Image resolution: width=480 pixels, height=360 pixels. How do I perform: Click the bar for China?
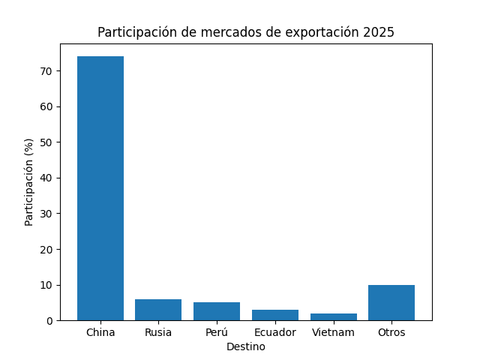100,188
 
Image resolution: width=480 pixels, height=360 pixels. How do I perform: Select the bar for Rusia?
158,310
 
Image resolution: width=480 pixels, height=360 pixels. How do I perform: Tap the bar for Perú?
217,311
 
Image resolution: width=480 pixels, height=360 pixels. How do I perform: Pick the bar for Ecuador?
275,315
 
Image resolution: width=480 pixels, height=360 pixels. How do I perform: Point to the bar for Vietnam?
334,316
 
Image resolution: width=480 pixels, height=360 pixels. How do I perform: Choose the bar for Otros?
391,302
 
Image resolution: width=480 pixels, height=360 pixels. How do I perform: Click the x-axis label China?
100,332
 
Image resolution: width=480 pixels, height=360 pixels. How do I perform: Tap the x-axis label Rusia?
158,332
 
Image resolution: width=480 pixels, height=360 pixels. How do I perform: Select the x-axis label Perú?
217,332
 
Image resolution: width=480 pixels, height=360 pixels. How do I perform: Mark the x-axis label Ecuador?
275,332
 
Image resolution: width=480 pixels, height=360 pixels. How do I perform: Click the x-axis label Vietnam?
334,332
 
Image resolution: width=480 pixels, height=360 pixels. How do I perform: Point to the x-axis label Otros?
391,332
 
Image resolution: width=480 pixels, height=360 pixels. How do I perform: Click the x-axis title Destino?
246,346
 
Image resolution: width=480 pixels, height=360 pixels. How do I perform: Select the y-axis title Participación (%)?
29,182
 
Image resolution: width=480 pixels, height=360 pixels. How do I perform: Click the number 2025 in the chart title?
379,33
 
